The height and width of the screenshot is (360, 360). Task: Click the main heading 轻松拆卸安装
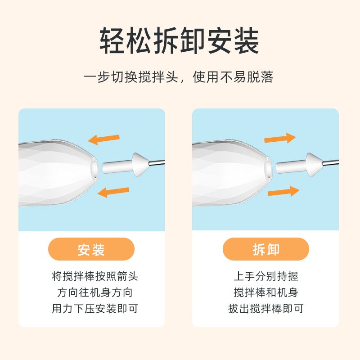click(x=179, y=41)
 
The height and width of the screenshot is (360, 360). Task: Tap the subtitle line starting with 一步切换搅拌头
click(x=179, y=76)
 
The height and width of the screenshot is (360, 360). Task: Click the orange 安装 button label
click(x=91, y=249)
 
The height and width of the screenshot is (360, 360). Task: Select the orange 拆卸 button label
click(x=266, y=249)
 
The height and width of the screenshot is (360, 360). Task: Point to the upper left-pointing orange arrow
click(x=104, y=139)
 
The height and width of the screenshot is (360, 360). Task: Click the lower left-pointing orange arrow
click(x=113, y=192)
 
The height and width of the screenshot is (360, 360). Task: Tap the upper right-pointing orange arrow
click(x=280, y=138)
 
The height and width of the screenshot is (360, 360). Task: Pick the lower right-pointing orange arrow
click(x=283, y=191)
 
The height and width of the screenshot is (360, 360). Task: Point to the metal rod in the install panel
click(x=157, y=162)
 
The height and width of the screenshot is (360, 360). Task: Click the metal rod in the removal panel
click(x=331, y=162)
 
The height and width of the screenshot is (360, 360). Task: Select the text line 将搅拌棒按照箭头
click(x=95, y=276)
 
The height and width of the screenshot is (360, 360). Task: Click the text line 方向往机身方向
click(x=95, y=292)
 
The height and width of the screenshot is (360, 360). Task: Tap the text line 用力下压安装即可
click(x=95, y=309)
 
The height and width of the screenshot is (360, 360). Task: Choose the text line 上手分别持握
click(x=266, y=276)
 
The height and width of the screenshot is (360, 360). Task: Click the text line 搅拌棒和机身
click(x=266, y=292)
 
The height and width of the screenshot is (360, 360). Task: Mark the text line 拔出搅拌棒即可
click(x=266, y=309)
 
